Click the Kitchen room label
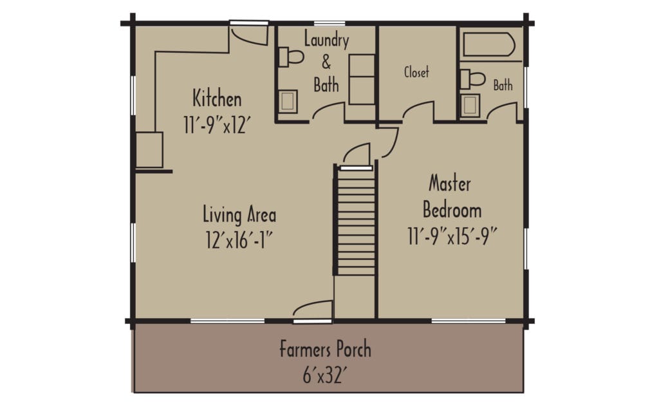coord(217,99)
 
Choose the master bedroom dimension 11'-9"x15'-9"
coord(453,235)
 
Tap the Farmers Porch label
coord(325,350)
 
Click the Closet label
coord(416,72)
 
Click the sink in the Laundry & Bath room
coord(288,101)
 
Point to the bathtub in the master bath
coord(489,46)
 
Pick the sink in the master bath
coord(470,104)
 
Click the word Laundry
coord(326,41)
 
